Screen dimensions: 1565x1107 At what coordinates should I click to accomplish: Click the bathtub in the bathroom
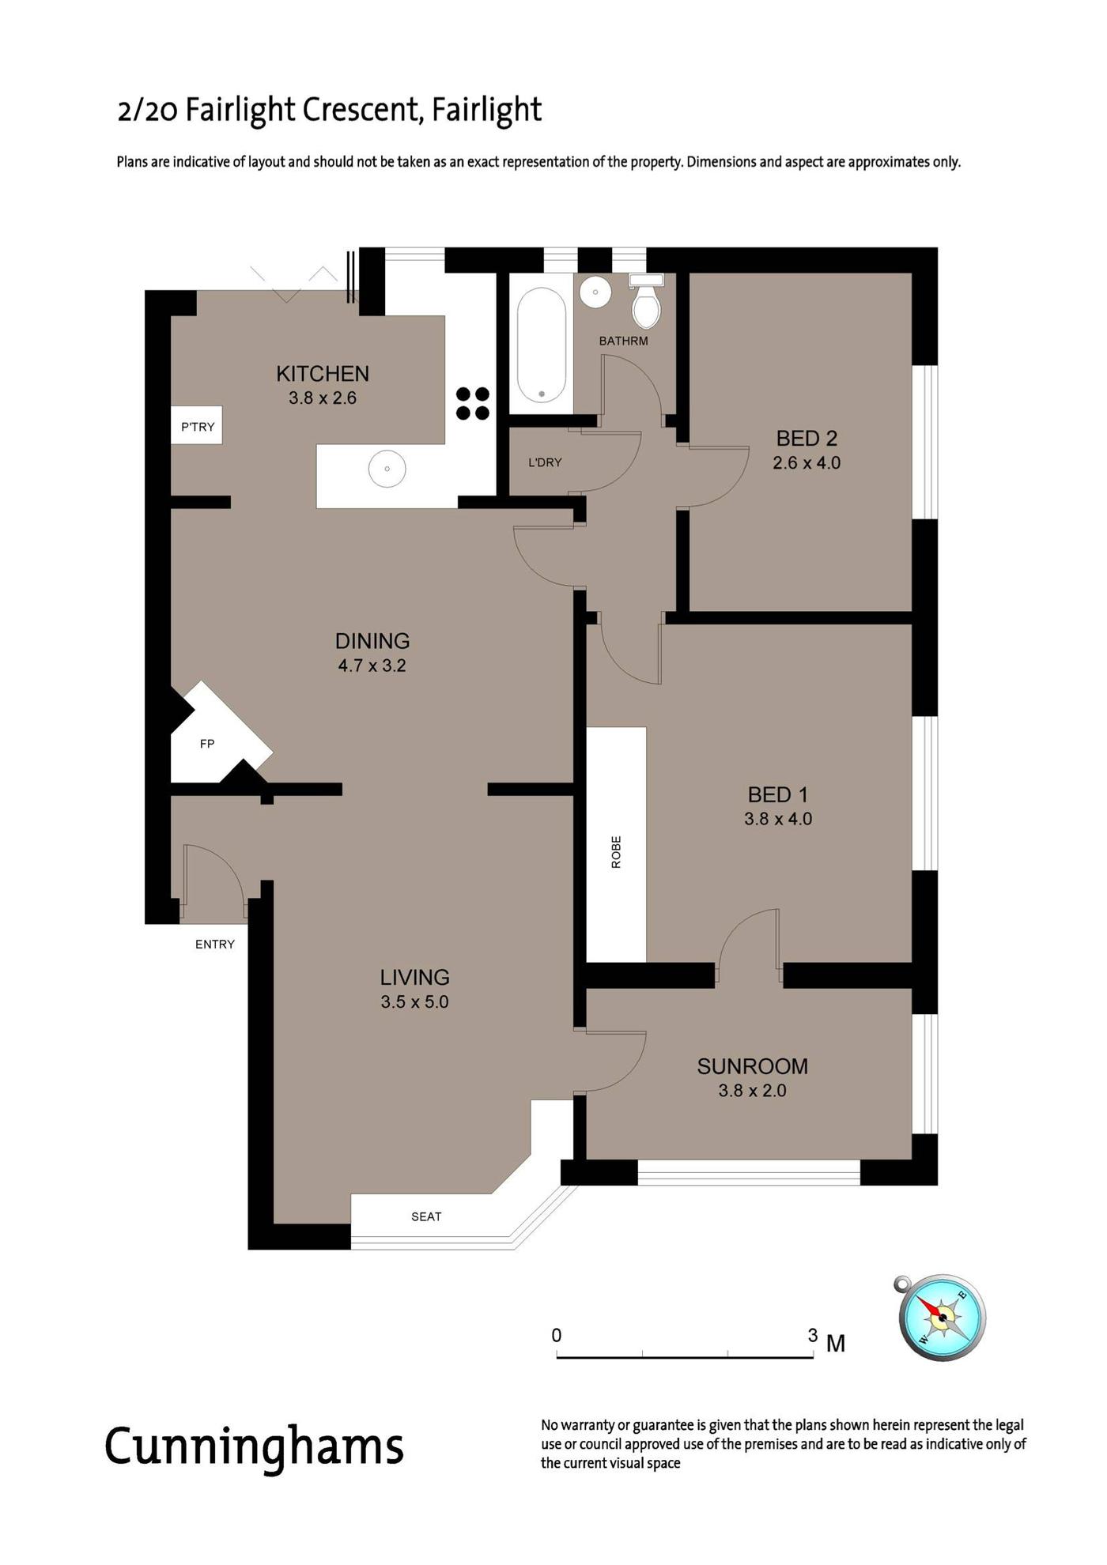click(x=542, y=345)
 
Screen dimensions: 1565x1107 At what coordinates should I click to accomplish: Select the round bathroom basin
click(x=595, y=292)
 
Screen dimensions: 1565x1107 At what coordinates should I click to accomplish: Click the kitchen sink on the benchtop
click(x=387, y=469)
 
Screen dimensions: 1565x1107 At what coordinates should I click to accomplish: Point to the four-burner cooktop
click(x=472, y=403)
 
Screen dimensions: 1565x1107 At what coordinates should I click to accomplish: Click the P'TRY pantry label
click(x=198, y=427)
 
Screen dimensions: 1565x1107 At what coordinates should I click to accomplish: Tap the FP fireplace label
click(x=207, y=744)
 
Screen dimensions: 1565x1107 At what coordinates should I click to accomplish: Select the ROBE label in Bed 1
click(x=617, y=852)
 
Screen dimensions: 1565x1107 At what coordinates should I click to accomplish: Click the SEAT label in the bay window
click(x=426, y=1216)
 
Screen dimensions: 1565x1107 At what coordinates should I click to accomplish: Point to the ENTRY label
click(x=215, y=944)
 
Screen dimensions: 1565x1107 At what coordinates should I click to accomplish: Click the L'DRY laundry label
click(x=545, y=462)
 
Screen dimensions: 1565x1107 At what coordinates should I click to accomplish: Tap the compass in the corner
click(x=942, y=1318)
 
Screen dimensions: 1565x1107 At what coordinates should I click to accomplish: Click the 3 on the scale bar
click(x=813, y=1336)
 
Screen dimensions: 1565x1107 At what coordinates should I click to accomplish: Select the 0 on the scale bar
click(x=557, y=1336)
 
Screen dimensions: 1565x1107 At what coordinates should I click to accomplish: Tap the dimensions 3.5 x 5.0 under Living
click(x=414, y=1002)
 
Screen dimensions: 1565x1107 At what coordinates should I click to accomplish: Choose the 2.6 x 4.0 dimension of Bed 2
click(x=807, y=463)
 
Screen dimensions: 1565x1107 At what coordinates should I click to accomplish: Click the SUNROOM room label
click(x=752, y=1066)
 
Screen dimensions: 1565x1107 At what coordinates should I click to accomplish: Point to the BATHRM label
click(x=623, y=341)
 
